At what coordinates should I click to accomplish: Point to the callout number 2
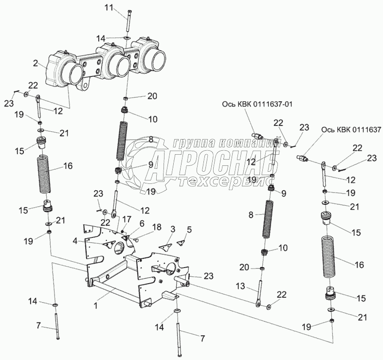coord(36,63)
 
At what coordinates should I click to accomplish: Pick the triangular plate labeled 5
coord(182,240)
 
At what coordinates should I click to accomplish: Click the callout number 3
coord(173,229)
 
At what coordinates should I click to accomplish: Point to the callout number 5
coord(190,229)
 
